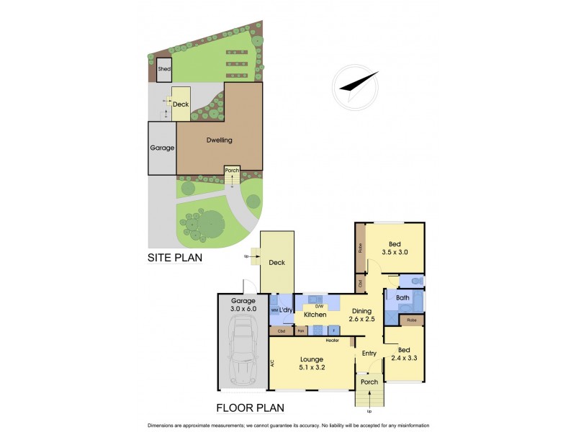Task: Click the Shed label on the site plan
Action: (x=163, y=69)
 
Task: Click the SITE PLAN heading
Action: (x=174, y=257)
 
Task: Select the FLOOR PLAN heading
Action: (x=251, y=408)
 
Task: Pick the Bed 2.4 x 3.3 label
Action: (x=405, y=353)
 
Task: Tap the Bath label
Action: (x=402, y=297)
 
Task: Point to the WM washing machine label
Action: (x=274, y=310)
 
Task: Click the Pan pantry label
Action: (x=302, y=331)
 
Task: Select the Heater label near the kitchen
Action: (x=333, y=340)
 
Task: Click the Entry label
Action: (x=369, y=353)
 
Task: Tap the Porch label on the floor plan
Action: (x=369, y=382)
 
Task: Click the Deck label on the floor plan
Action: (x=277, y=263)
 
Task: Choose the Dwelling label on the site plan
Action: (x=219, y=140)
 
